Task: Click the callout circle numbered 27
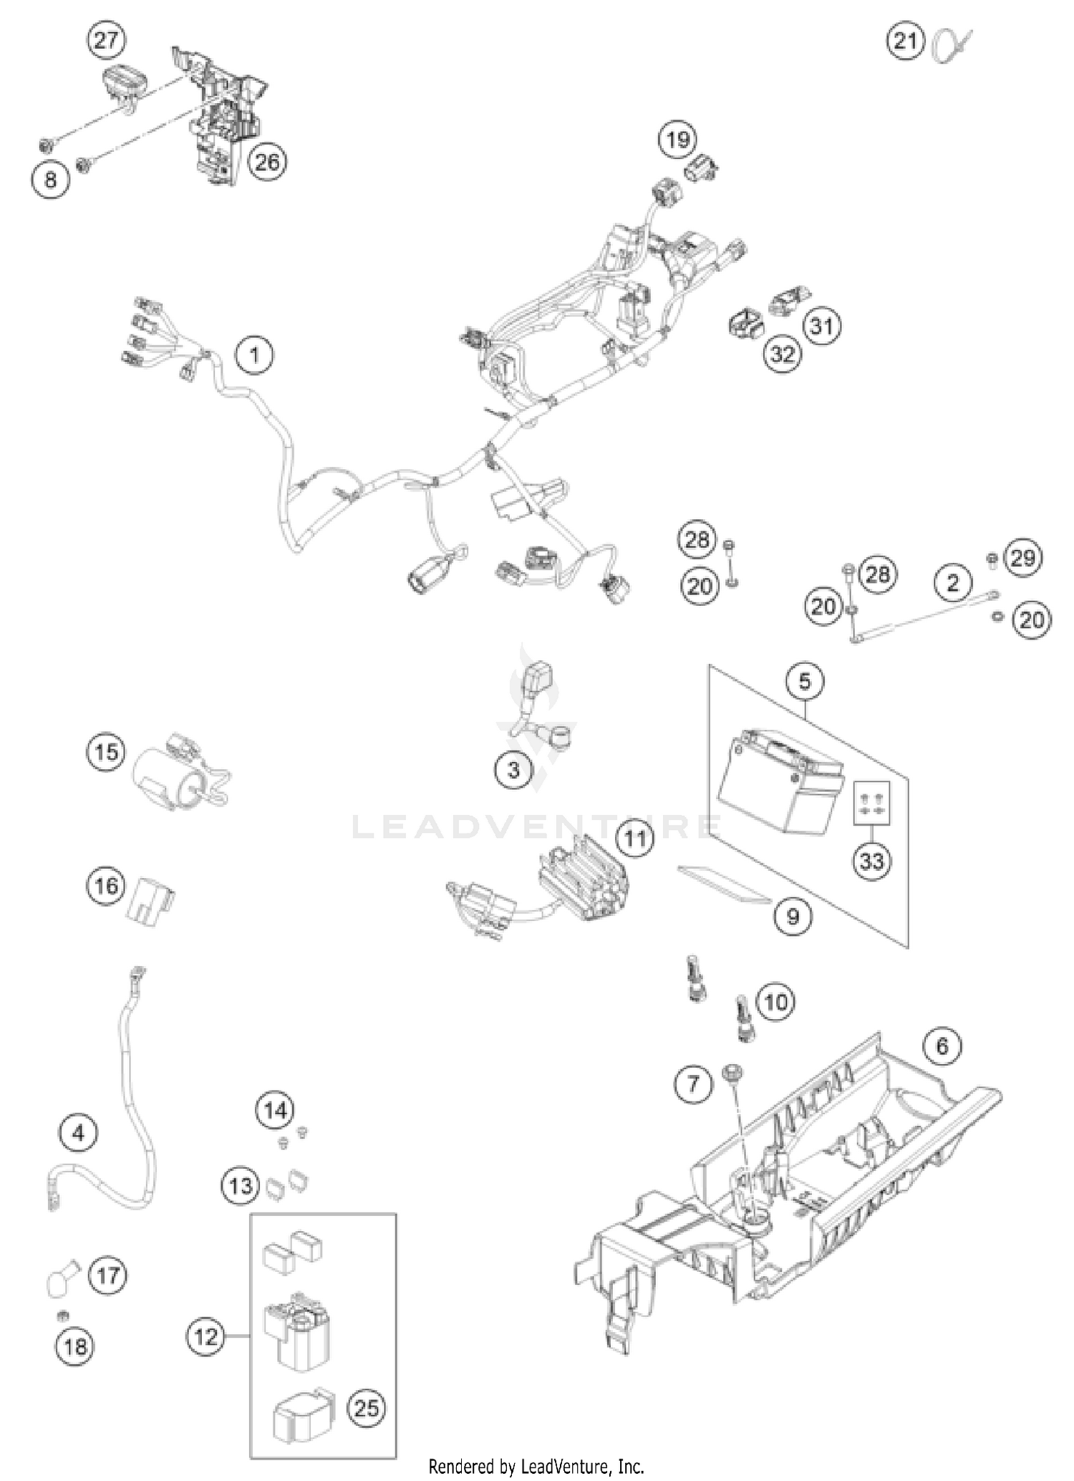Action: coord(105,41)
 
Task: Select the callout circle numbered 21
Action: coord(906,41)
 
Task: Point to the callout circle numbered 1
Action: coord(254,354)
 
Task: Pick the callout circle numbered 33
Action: coord(871,859)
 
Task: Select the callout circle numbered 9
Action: coord(792,916)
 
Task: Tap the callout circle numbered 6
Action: coord(942,1046)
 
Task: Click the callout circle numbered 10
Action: coord(775,1001)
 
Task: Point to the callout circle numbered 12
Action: coord(205,1336)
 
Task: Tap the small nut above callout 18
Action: coord(62,1315)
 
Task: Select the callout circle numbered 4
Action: coord(78,1133)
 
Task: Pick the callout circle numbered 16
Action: coord(106,886)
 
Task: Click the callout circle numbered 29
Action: coord(1022,557)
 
